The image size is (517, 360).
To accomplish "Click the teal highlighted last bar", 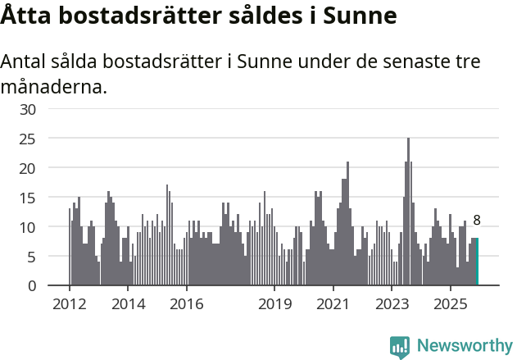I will (x=477, y=262).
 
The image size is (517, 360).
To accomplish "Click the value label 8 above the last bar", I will (x=477, y=220).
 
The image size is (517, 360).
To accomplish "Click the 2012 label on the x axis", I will (x=70, y=304).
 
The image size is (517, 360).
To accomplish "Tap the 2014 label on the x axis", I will (x=128, y=304).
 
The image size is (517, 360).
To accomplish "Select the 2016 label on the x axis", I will (x=187, y=304).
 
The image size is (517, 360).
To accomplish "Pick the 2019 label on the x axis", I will (x=274, y=304).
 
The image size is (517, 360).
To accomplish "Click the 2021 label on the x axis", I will (x=333, y=304).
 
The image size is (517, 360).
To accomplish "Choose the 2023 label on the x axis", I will (x=392, y=304).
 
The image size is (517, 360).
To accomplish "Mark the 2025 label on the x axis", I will (x=450, y=304).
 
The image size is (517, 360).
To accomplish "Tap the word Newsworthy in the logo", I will (x=465, y=346).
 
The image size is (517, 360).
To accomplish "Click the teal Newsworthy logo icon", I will (x=400, y=347).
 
